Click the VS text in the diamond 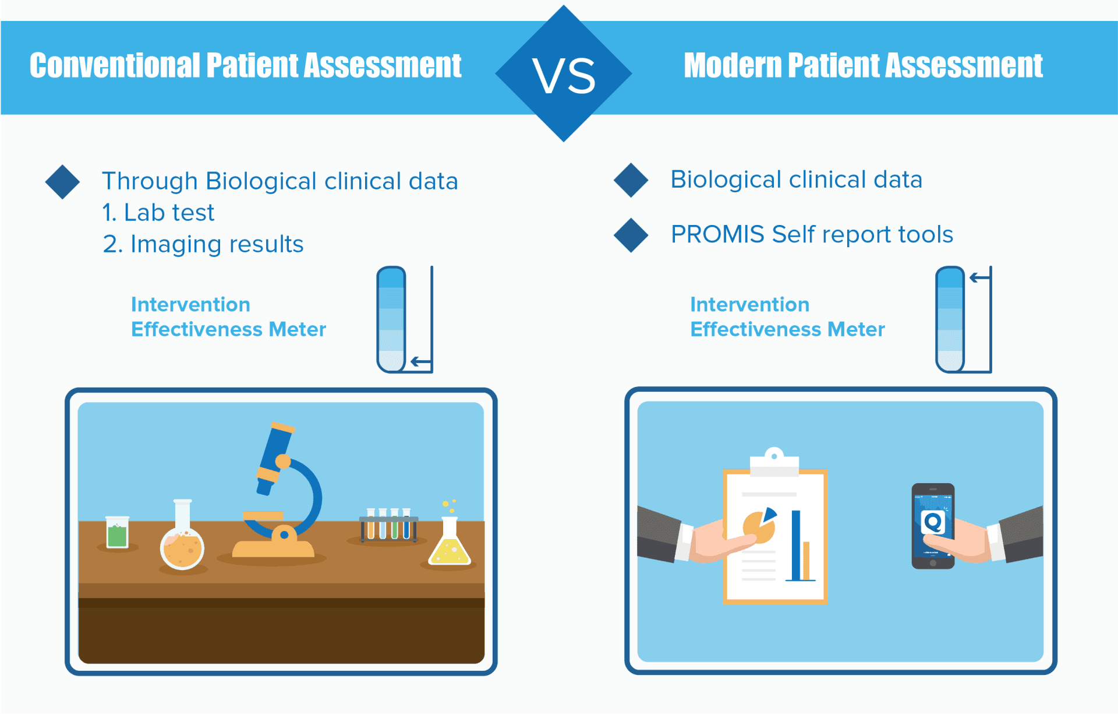click(564, 76)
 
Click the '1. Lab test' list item click(158, 212)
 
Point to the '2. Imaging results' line click(203, 244)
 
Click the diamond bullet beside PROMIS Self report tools click(631, 235)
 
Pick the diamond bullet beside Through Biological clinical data click(62, 182)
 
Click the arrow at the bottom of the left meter click(421, 362)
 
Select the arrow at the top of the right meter click(980, 277)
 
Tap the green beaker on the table click(117, 532)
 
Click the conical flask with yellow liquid click(450, 541)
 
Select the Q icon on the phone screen click(933, 522)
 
